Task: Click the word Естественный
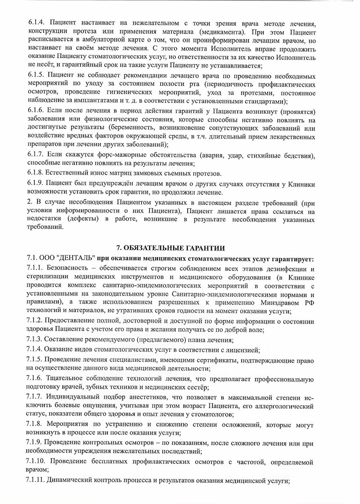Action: point(71,173)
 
